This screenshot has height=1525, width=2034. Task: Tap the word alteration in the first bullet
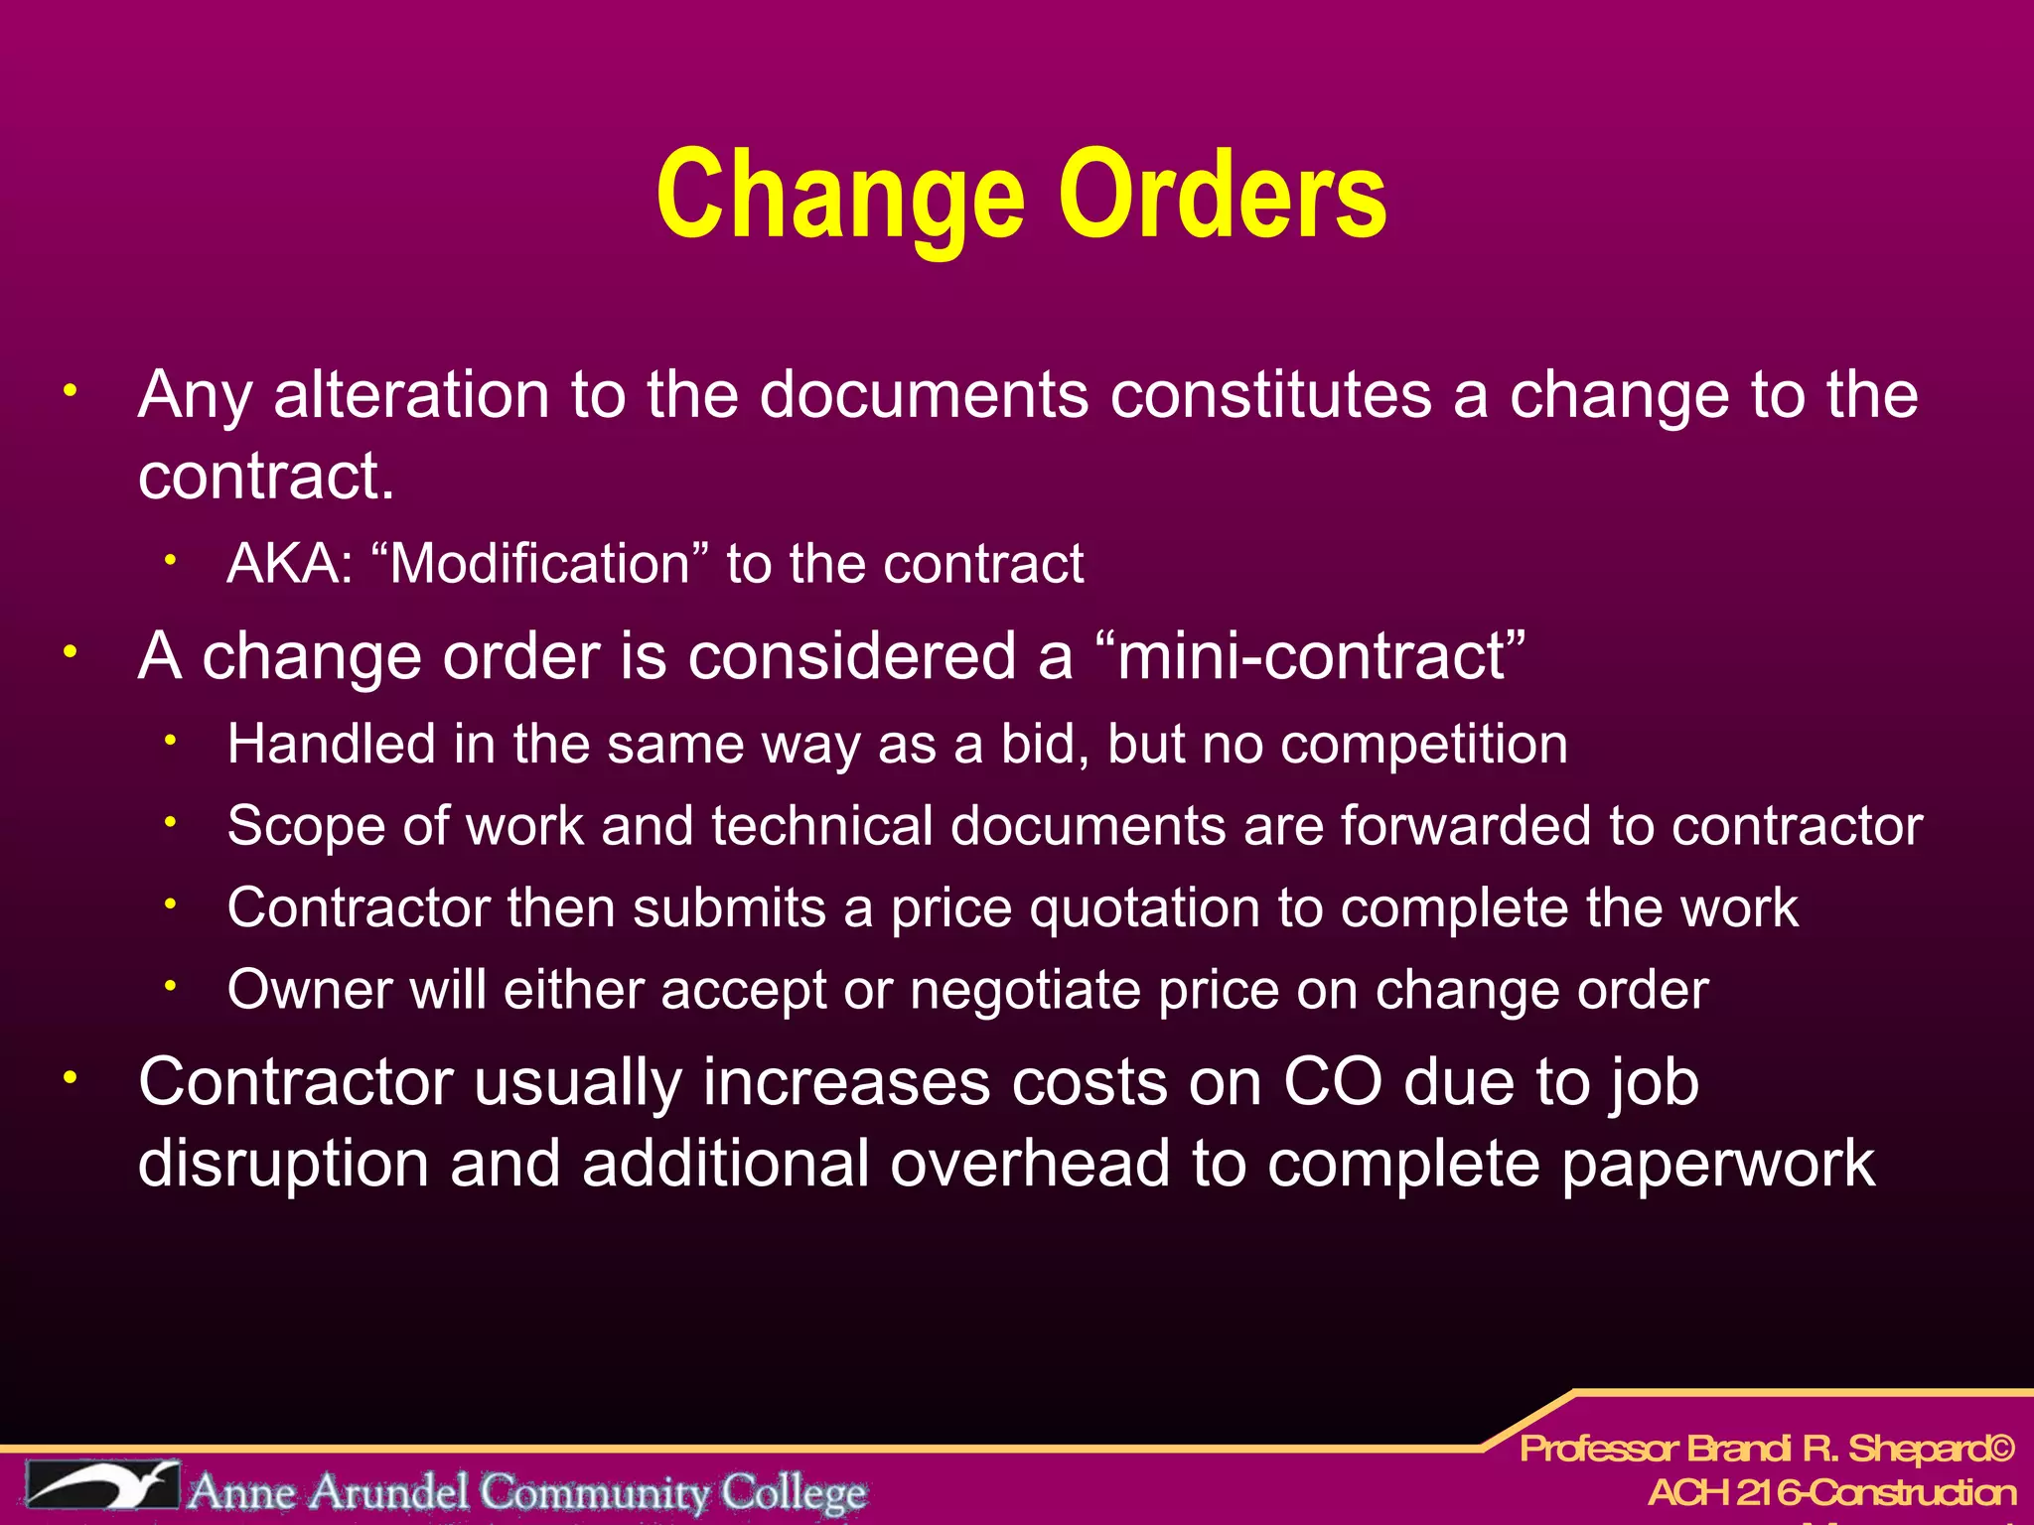point(411,395)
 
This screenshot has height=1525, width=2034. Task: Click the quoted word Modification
point(539,564)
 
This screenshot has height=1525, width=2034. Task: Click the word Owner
point(310,990)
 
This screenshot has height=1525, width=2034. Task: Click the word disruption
point(283,1164)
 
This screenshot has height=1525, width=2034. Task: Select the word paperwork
point(1718,1164)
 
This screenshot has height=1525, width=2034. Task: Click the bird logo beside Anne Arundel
point(102,1485)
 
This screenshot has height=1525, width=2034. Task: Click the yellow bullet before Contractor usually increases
point(70,1078)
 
